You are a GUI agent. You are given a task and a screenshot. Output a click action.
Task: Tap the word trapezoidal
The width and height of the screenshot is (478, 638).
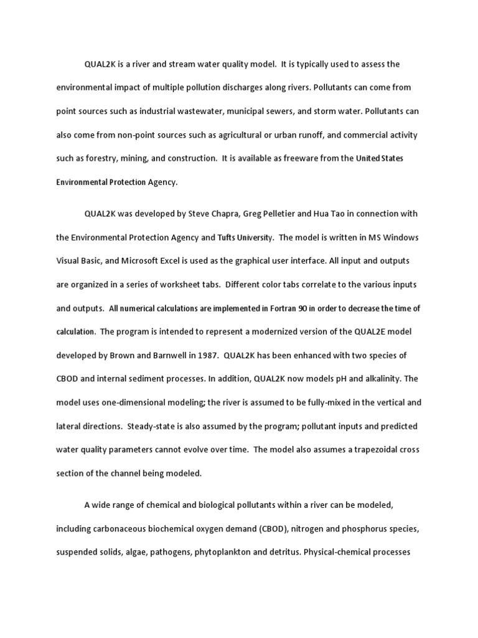(x=352, y=450)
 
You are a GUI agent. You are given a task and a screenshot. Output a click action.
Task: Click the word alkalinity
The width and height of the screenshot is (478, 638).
(x=375, y=379)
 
